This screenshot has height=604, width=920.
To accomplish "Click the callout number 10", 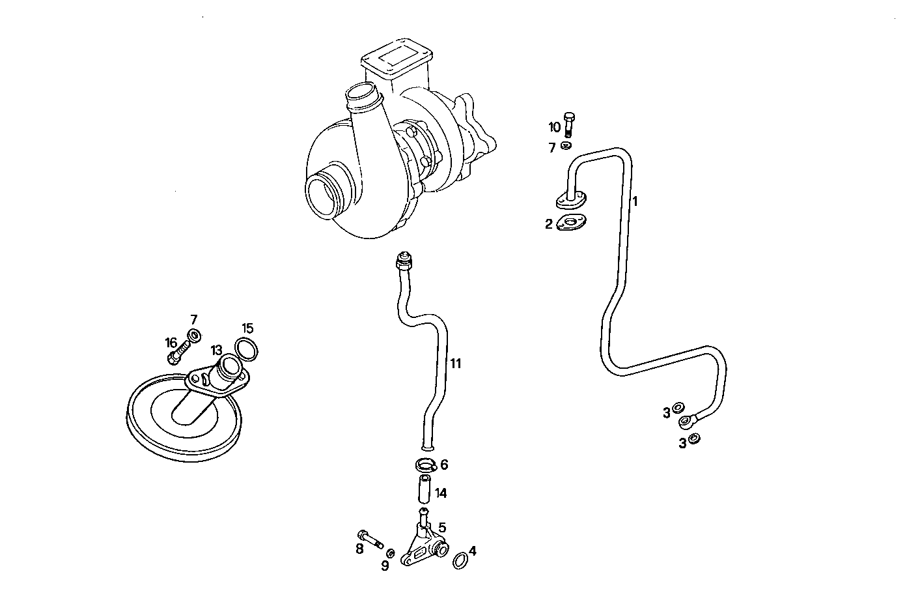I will coord(554,127).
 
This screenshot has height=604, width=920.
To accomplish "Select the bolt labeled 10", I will coord(569,124).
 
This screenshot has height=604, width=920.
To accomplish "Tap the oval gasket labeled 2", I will coord(572,223).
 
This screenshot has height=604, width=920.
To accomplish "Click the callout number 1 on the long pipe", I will coord(635,201).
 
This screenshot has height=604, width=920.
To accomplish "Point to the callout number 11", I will coord(456,364).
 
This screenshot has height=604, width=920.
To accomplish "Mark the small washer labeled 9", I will coord(390,553).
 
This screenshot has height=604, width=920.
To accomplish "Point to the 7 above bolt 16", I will coord(193,319).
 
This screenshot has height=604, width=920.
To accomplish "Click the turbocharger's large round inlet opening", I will coord(324,195).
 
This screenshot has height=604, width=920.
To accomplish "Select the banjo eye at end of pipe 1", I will coord(687,422).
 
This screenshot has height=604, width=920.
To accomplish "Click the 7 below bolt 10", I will coord(552,148).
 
